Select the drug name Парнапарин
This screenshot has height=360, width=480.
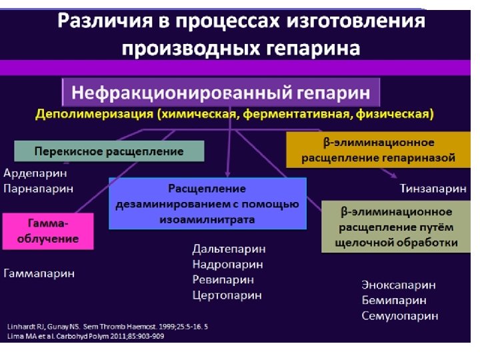pyautogui.click(x=39, y=188)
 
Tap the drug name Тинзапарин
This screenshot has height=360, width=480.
pyautogui.click(x=433, y=188)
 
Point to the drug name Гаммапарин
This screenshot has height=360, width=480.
pyautogui.click(x=39, y=273)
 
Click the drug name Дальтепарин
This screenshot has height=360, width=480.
pyautogui.click(x=229, y=249)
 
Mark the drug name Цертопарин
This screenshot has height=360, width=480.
pyautogui.click(x=227, y=295)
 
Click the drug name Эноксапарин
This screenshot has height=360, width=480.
pyautogui.click(x=399, y=285)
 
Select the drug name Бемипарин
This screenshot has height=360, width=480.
pyautogui.click(x=393, y=300)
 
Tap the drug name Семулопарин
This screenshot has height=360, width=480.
pyautogui.click(x=400, y=315)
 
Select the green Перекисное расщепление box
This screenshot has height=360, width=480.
pyautogui.click(x=109, y=151)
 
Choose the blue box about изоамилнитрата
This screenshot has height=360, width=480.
pyautogui.click(x=207, y=203)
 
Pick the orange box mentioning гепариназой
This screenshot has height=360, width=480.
pyautogui.click(x=378, y=150)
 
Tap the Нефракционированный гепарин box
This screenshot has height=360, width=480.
pyautogui.click(x=221, y=91)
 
